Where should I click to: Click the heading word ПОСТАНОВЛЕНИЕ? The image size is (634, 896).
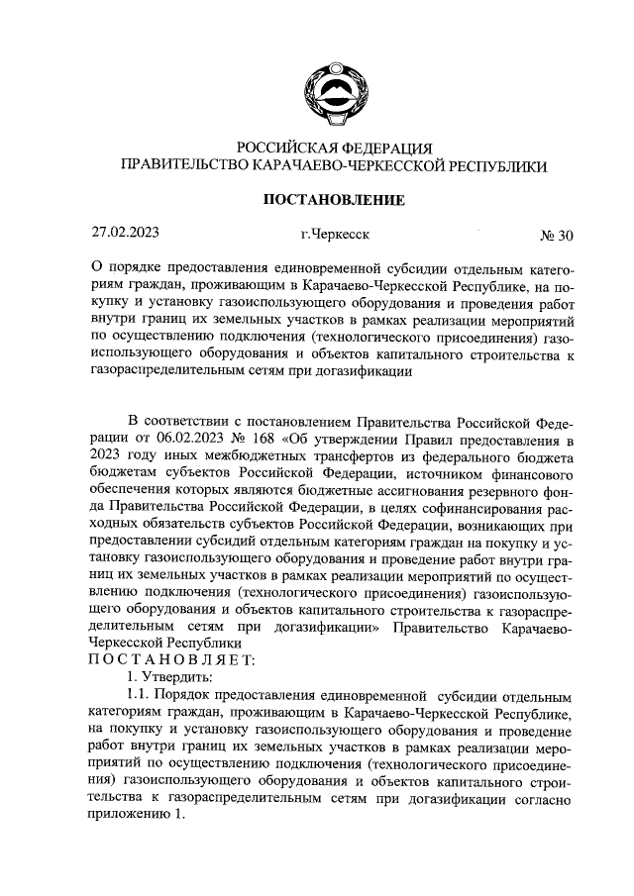click(334, 200)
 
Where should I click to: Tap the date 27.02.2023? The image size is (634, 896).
click(126, 235)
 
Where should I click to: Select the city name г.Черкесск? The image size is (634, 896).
click(334, 236)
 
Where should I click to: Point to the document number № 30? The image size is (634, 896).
click(556, 236)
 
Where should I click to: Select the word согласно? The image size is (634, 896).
click(546, 800)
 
